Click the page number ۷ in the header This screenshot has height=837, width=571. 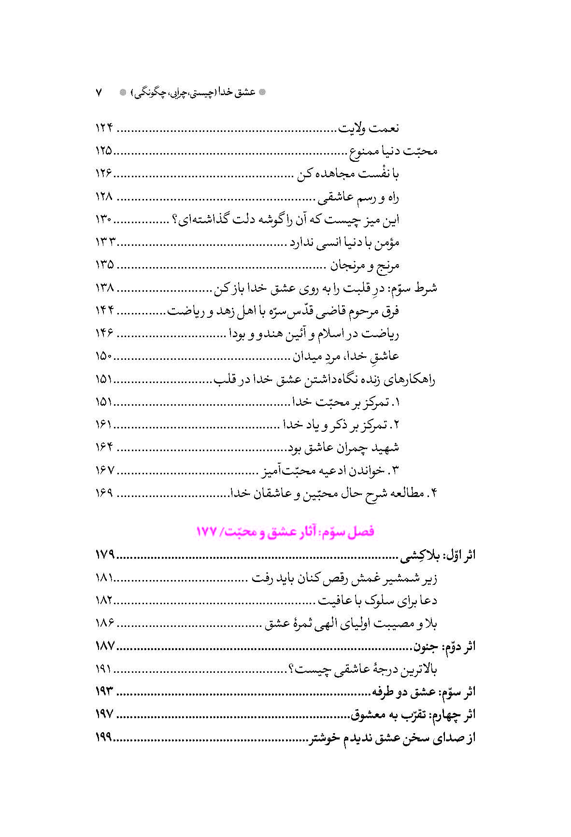[x=99, y=92]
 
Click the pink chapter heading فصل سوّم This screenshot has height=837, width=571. [x=285, y=532]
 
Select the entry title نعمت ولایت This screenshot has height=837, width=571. [x=369, y=128]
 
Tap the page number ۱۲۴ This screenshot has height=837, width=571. [x=104, y=128]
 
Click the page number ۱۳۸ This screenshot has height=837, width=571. [x=104, y=288]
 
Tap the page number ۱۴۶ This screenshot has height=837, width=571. [x=104, y=334]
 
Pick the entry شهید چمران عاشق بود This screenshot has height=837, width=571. [x=344, y=448]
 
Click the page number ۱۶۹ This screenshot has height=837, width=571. [x=104, y=493]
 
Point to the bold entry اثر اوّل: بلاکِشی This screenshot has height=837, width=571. [x=438, y=555]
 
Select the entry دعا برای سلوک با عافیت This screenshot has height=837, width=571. [x=377, y=601]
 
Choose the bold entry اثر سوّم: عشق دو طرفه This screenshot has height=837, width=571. [x=424, y=692]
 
